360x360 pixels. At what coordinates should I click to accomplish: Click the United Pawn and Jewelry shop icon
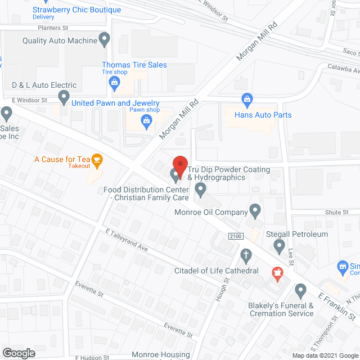tap(147, 119)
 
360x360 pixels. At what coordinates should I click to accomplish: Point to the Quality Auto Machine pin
tap(104, 39)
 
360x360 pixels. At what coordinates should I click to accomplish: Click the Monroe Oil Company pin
tap(255, 211)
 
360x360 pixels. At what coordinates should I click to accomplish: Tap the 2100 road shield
tap(235, 236)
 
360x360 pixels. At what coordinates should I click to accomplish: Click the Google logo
tap(18, 353)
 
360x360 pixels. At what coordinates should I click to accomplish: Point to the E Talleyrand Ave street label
tap(126, 240)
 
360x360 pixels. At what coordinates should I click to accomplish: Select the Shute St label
tap(336, 212)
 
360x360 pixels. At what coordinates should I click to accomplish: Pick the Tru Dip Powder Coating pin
tap(175, 177)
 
